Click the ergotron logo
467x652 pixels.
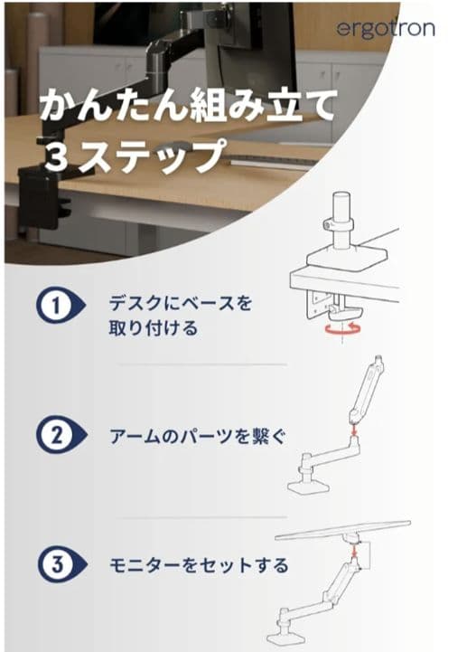point(386,29)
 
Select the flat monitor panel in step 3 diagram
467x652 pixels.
point(342,531)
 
